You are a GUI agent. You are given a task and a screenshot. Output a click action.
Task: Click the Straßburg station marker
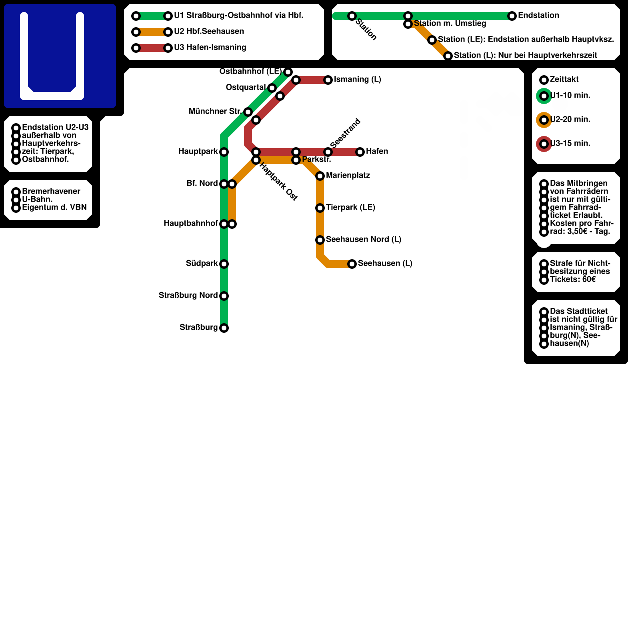point(224,328)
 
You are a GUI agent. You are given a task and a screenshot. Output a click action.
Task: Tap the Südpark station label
point(202,264)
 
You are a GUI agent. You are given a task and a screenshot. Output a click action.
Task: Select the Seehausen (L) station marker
point(352,264)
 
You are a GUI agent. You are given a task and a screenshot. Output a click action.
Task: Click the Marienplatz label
point(348,176)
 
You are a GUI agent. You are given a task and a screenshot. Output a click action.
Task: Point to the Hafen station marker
point(360,152)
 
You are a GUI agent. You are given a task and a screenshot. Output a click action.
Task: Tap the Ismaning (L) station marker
point(328,80)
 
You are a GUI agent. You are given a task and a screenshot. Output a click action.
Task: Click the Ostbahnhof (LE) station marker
point(288,72)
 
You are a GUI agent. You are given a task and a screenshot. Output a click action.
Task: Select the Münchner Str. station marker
point(248,112)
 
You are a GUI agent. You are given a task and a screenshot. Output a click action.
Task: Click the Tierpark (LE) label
point(350,208)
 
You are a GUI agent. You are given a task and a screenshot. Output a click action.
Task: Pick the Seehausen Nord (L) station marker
point(320,240)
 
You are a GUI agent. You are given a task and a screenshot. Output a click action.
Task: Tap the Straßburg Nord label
point(188,296)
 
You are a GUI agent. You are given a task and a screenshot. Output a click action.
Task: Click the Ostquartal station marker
point(272,88)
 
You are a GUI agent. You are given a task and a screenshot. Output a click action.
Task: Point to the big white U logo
point(52,56)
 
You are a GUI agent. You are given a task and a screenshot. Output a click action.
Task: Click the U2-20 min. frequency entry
point(570,120)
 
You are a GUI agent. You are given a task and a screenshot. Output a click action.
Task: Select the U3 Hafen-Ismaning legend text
point(210,48)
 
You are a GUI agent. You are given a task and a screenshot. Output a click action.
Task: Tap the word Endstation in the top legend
point(538,16)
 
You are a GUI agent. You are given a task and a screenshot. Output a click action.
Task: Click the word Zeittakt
point(564,80)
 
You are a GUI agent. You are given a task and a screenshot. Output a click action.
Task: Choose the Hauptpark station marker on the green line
point(224,152)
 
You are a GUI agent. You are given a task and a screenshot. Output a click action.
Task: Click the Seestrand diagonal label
point(346,133)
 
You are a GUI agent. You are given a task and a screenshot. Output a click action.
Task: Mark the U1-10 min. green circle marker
point(544,96)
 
